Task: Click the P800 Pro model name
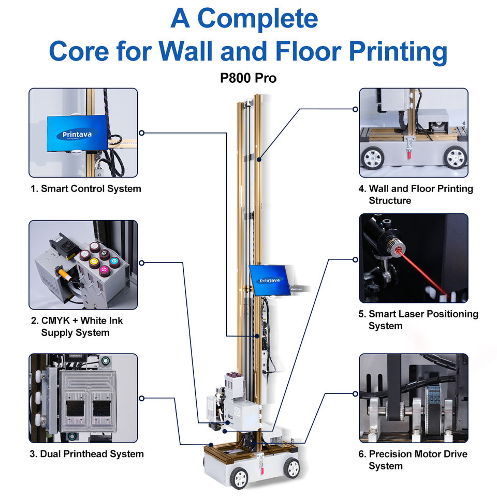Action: [248, 78]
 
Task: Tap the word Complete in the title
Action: [258, 19]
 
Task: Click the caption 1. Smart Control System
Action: [86, 188]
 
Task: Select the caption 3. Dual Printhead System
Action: [87, 454]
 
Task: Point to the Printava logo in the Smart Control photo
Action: [77, 135]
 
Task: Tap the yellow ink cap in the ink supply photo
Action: [94, 262]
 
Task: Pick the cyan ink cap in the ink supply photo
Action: [114, 261]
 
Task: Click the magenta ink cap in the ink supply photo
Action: [104, 271]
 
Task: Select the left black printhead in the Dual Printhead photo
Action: [75, 408]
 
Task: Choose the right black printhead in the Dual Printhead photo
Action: [101, 408]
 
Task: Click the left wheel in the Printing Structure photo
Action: [373, 157]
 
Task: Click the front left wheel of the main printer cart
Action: [239, 478]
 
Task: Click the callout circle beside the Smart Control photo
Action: [142, 133]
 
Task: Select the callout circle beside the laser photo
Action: [355, 259]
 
